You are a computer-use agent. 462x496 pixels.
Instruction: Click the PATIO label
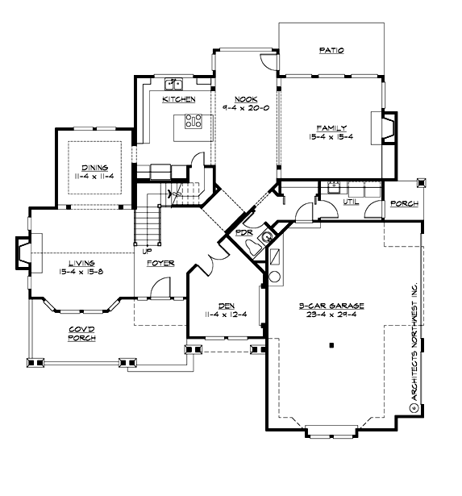point(331,50)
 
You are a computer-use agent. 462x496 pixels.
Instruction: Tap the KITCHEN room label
point(179,98)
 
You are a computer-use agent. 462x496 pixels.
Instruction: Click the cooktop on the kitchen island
point(194,122)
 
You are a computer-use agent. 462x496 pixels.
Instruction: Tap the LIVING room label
point(82,263)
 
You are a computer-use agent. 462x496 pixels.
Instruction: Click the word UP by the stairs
point(147,250)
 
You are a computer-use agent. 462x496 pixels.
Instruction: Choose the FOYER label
point(160,263)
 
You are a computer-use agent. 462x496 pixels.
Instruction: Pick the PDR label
point(243,235)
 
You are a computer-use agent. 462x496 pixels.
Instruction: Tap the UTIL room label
point(351,202)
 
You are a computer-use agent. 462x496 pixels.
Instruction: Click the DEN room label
point(225,306)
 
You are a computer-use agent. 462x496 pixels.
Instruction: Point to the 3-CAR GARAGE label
point(332,306)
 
